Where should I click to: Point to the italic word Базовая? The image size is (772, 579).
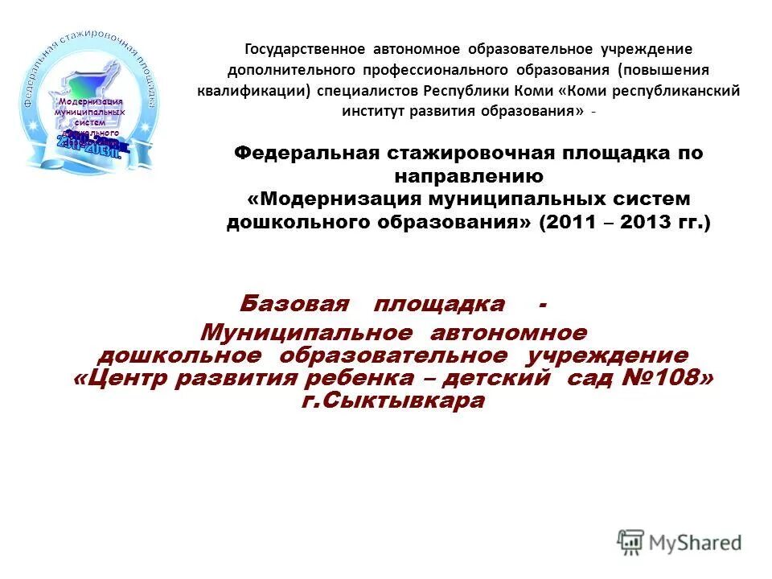pos(294,304)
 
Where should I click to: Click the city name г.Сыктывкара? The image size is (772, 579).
pos(393,400)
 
